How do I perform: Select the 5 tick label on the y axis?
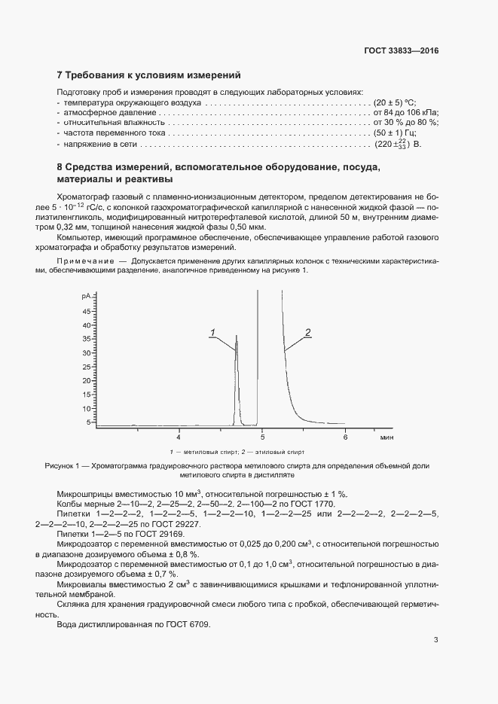coord(88,422)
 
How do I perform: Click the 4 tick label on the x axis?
coord(179,437)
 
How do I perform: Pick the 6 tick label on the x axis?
coord(345,437)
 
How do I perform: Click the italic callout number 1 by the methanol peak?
coord(212,333)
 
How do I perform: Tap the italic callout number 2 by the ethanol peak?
coord(307,332)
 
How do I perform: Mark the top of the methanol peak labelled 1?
coord(237,336)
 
